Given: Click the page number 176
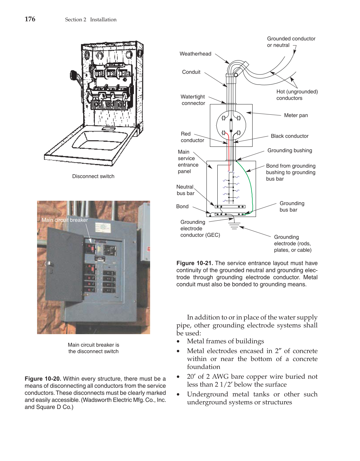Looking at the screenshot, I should tap(30, 19).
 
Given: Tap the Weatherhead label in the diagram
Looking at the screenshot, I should tap(195, 54).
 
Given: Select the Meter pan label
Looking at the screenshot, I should tap(296, 115).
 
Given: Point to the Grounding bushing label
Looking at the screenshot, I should tap(290, 151).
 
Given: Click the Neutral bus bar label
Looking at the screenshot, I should tap(185, 190).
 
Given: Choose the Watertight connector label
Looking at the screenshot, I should tap(193, 100).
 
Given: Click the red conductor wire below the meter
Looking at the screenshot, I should tap(229, 153).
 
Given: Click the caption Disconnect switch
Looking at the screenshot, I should tap(93, 176).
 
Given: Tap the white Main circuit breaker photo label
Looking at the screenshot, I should tap(65, 220).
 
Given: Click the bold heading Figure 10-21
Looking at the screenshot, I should tap(195, 263).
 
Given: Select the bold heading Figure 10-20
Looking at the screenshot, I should tap(43, 379).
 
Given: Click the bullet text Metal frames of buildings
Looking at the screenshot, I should tap(225, 341).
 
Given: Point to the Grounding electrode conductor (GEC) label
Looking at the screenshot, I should tap(200, 228).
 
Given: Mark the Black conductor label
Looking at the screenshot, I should tap(289, 136).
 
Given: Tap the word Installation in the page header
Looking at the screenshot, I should tap(103, 20).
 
